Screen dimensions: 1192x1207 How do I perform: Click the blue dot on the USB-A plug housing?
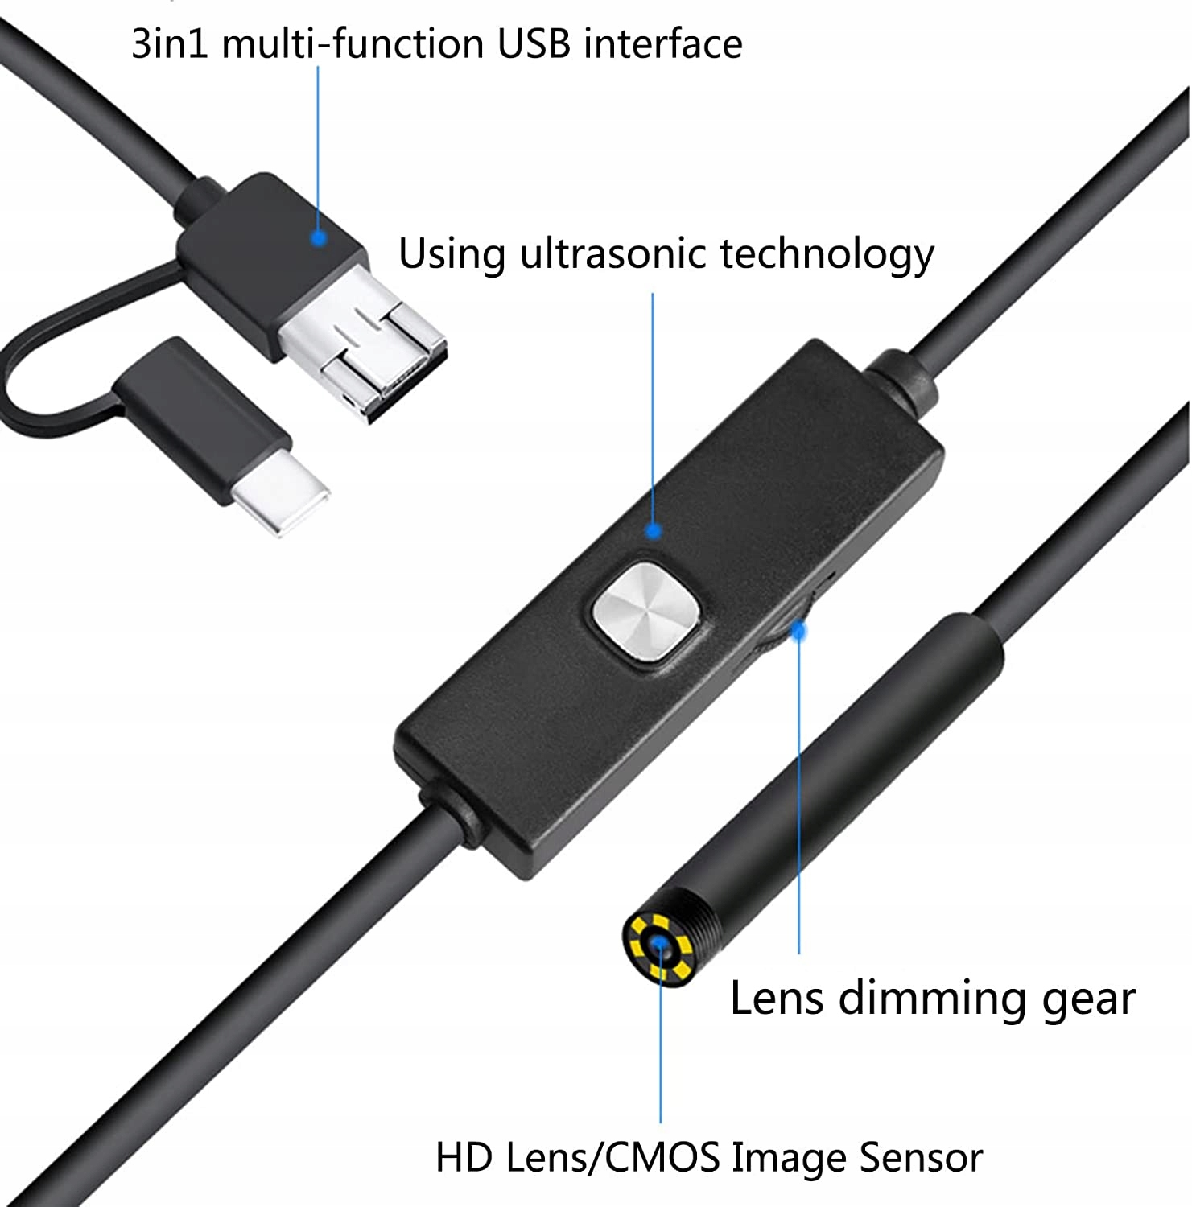[x=319, y=238]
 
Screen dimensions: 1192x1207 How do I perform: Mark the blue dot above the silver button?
[x=654, y=530]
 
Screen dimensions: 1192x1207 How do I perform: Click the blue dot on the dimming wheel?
[x=798, y=632]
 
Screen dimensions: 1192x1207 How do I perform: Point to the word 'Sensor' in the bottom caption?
[x=920, y=1158]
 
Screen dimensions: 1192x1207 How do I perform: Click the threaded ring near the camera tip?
[x=708, y=917]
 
